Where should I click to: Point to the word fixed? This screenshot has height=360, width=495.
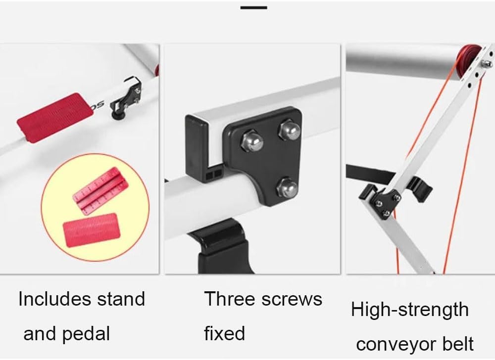pos(224,333)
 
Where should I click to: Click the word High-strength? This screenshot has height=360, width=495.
pos(410,310)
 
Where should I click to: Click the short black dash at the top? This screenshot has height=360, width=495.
pos(253,7)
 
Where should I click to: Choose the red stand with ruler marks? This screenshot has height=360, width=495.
pos(98,191)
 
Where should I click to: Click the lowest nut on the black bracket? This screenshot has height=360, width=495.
pos(287,188)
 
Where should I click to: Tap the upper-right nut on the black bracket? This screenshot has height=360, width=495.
pos(290,129)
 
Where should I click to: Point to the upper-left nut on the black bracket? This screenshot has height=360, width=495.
pos(252,140)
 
